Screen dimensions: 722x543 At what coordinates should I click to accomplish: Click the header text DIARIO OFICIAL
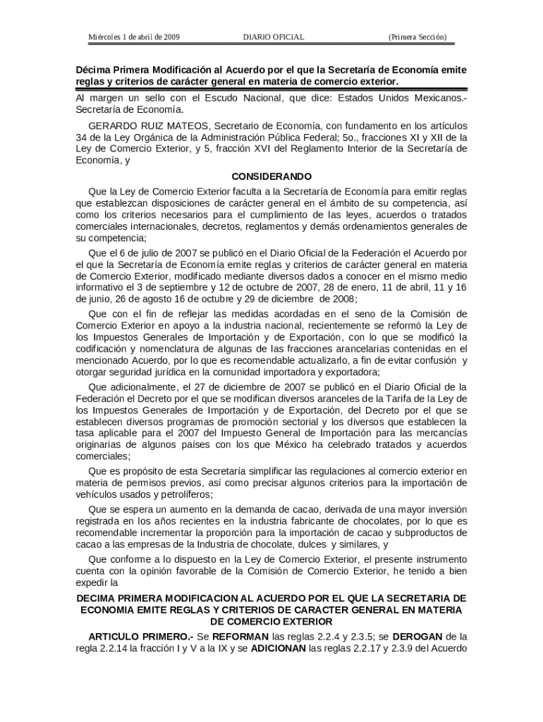273,37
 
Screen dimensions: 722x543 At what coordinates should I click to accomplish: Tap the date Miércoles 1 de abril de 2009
133,37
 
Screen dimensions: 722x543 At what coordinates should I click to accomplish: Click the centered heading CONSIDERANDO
271,176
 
